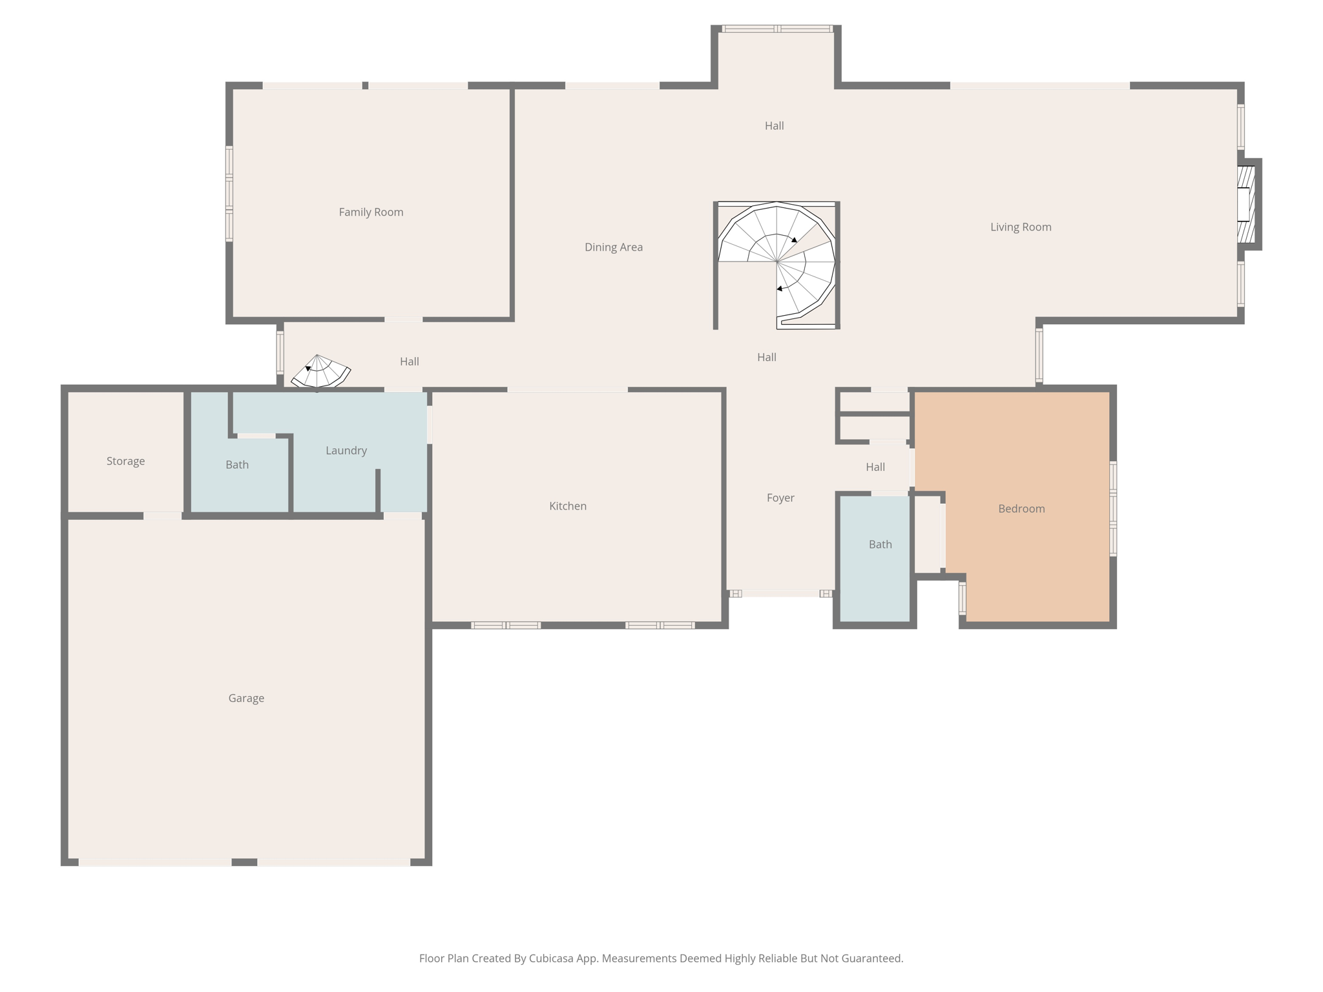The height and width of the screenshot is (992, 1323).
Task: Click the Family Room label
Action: tap(371, 212)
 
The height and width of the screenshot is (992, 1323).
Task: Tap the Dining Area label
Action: tap(613, 247)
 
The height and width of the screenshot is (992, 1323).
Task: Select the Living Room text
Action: tap(1021, 227)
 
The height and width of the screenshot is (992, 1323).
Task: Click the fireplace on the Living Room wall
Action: tap(1246, 203)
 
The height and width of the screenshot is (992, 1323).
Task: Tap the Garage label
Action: tap(246, 697)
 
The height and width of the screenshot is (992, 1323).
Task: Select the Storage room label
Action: tap(125, 460)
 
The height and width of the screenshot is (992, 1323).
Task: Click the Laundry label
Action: tap(346, 450)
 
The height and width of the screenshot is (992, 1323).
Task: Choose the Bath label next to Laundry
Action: tap(237, 464)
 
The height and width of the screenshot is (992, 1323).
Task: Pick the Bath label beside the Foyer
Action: tap(880, 544)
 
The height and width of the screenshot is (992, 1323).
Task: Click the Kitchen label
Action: tap(568, 506)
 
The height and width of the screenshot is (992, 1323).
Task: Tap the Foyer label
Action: tap(780, 497)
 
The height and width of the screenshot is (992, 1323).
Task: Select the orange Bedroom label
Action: tap(1021, 508)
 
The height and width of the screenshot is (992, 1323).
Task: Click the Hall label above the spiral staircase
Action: tap(774, 125)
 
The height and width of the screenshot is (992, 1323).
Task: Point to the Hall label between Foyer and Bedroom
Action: tap(875, 466)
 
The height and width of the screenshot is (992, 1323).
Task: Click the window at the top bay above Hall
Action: tap(776, 28)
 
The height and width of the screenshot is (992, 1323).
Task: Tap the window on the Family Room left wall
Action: tap(229, 193)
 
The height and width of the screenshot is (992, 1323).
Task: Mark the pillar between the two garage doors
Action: tap(244, 862)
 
